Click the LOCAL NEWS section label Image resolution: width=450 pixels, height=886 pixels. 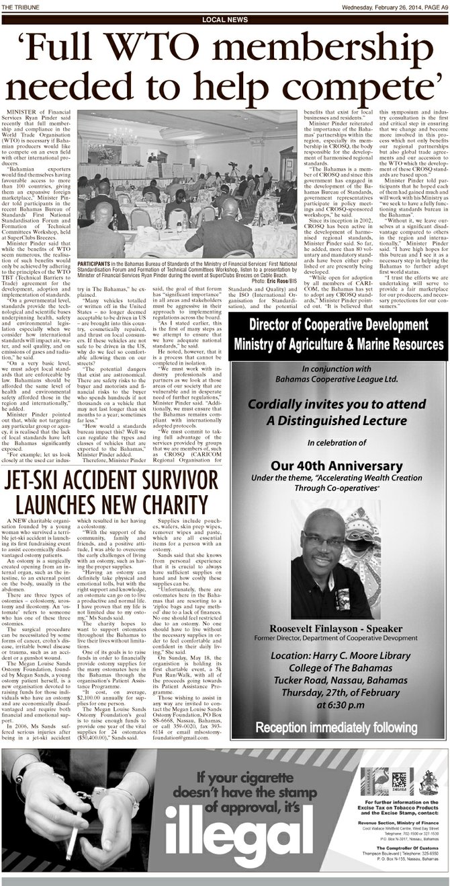click(224, 20)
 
